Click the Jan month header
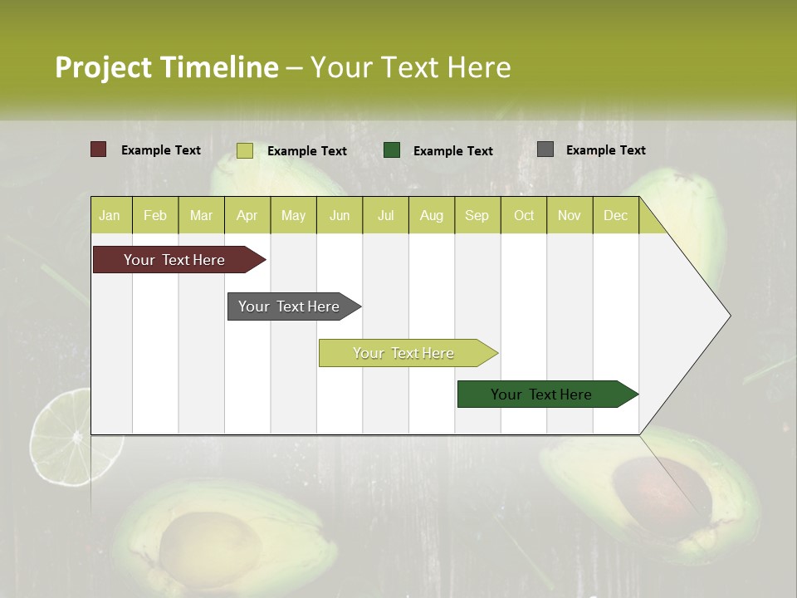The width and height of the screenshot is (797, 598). (110, 216)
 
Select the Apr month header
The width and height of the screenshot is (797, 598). (247, 216)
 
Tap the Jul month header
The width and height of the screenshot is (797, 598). (385, 216)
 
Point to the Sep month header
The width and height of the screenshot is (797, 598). (477, 216)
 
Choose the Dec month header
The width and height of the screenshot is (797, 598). (615, 216)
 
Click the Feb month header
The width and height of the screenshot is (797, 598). (155, 216)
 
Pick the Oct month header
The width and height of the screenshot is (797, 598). (524, 216)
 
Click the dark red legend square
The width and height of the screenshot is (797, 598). (98, 149)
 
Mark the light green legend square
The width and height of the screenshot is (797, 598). (244, 150)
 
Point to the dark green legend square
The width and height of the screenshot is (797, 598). (392, 149)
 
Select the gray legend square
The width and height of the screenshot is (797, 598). (545, 149)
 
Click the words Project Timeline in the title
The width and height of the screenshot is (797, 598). (166, 67)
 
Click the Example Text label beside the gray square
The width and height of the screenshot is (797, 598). (605, 150)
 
